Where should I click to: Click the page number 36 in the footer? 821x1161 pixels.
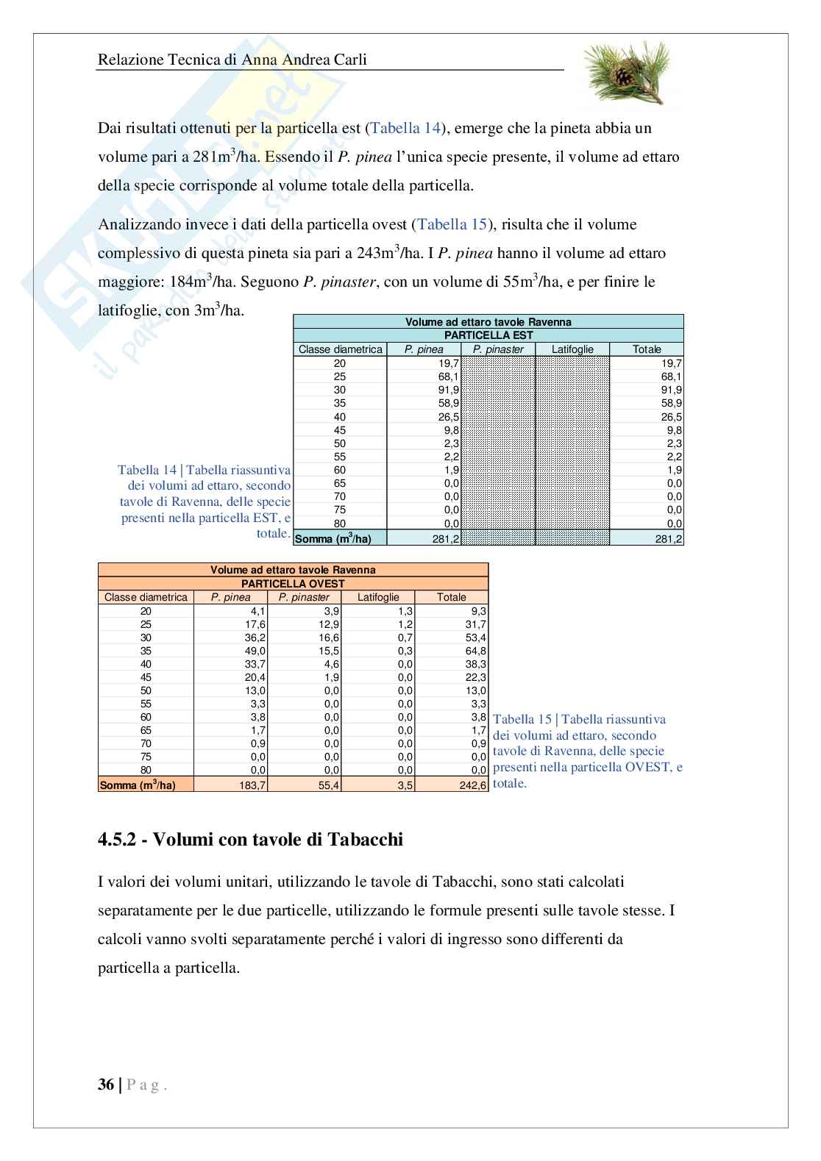(105, 1085)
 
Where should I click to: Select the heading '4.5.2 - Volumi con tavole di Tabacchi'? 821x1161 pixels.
(250, 839)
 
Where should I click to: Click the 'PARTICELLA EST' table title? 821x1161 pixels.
(488, 335)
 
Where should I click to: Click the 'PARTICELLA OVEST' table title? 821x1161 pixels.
(293, 583)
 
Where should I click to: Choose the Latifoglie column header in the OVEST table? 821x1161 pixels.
(378, 597)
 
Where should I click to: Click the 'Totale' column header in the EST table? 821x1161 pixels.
(647, 349)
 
